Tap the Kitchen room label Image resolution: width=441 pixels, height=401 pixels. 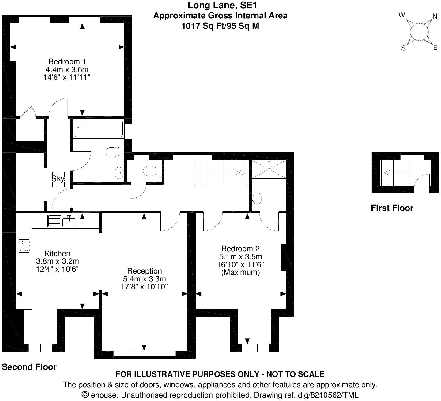58,253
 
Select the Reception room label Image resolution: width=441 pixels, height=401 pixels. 145,271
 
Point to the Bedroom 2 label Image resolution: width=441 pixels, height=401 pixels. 240,248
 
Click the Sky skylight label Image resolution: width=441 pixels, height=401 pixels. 58,178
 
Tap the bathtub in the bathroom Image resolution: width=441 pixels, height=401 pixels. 99,128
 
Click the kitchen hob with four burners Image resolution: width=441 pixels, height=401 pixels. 24,245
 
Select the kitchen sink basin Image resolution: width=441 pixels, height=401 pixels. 69,221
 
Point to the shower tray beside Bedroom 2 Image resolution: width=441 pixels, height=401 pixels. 269,169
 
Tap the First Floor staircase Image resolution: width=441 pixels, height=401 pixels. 397,173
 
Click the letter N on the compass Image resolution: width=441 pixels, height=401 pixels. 435,16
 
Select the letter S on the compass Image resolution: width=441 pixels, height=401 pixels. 404,48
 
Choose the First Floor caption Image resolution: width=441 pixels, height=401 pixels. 392,208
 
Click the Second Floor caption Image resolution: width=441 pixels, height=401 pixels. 29,367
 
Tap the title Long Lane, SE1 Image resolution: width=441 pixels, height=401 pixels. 220,5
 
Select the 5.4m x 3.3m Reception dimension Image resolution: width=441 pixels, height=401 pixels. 145,279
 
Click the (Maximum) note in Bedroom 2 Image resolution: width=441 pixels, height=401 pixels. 240,272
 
